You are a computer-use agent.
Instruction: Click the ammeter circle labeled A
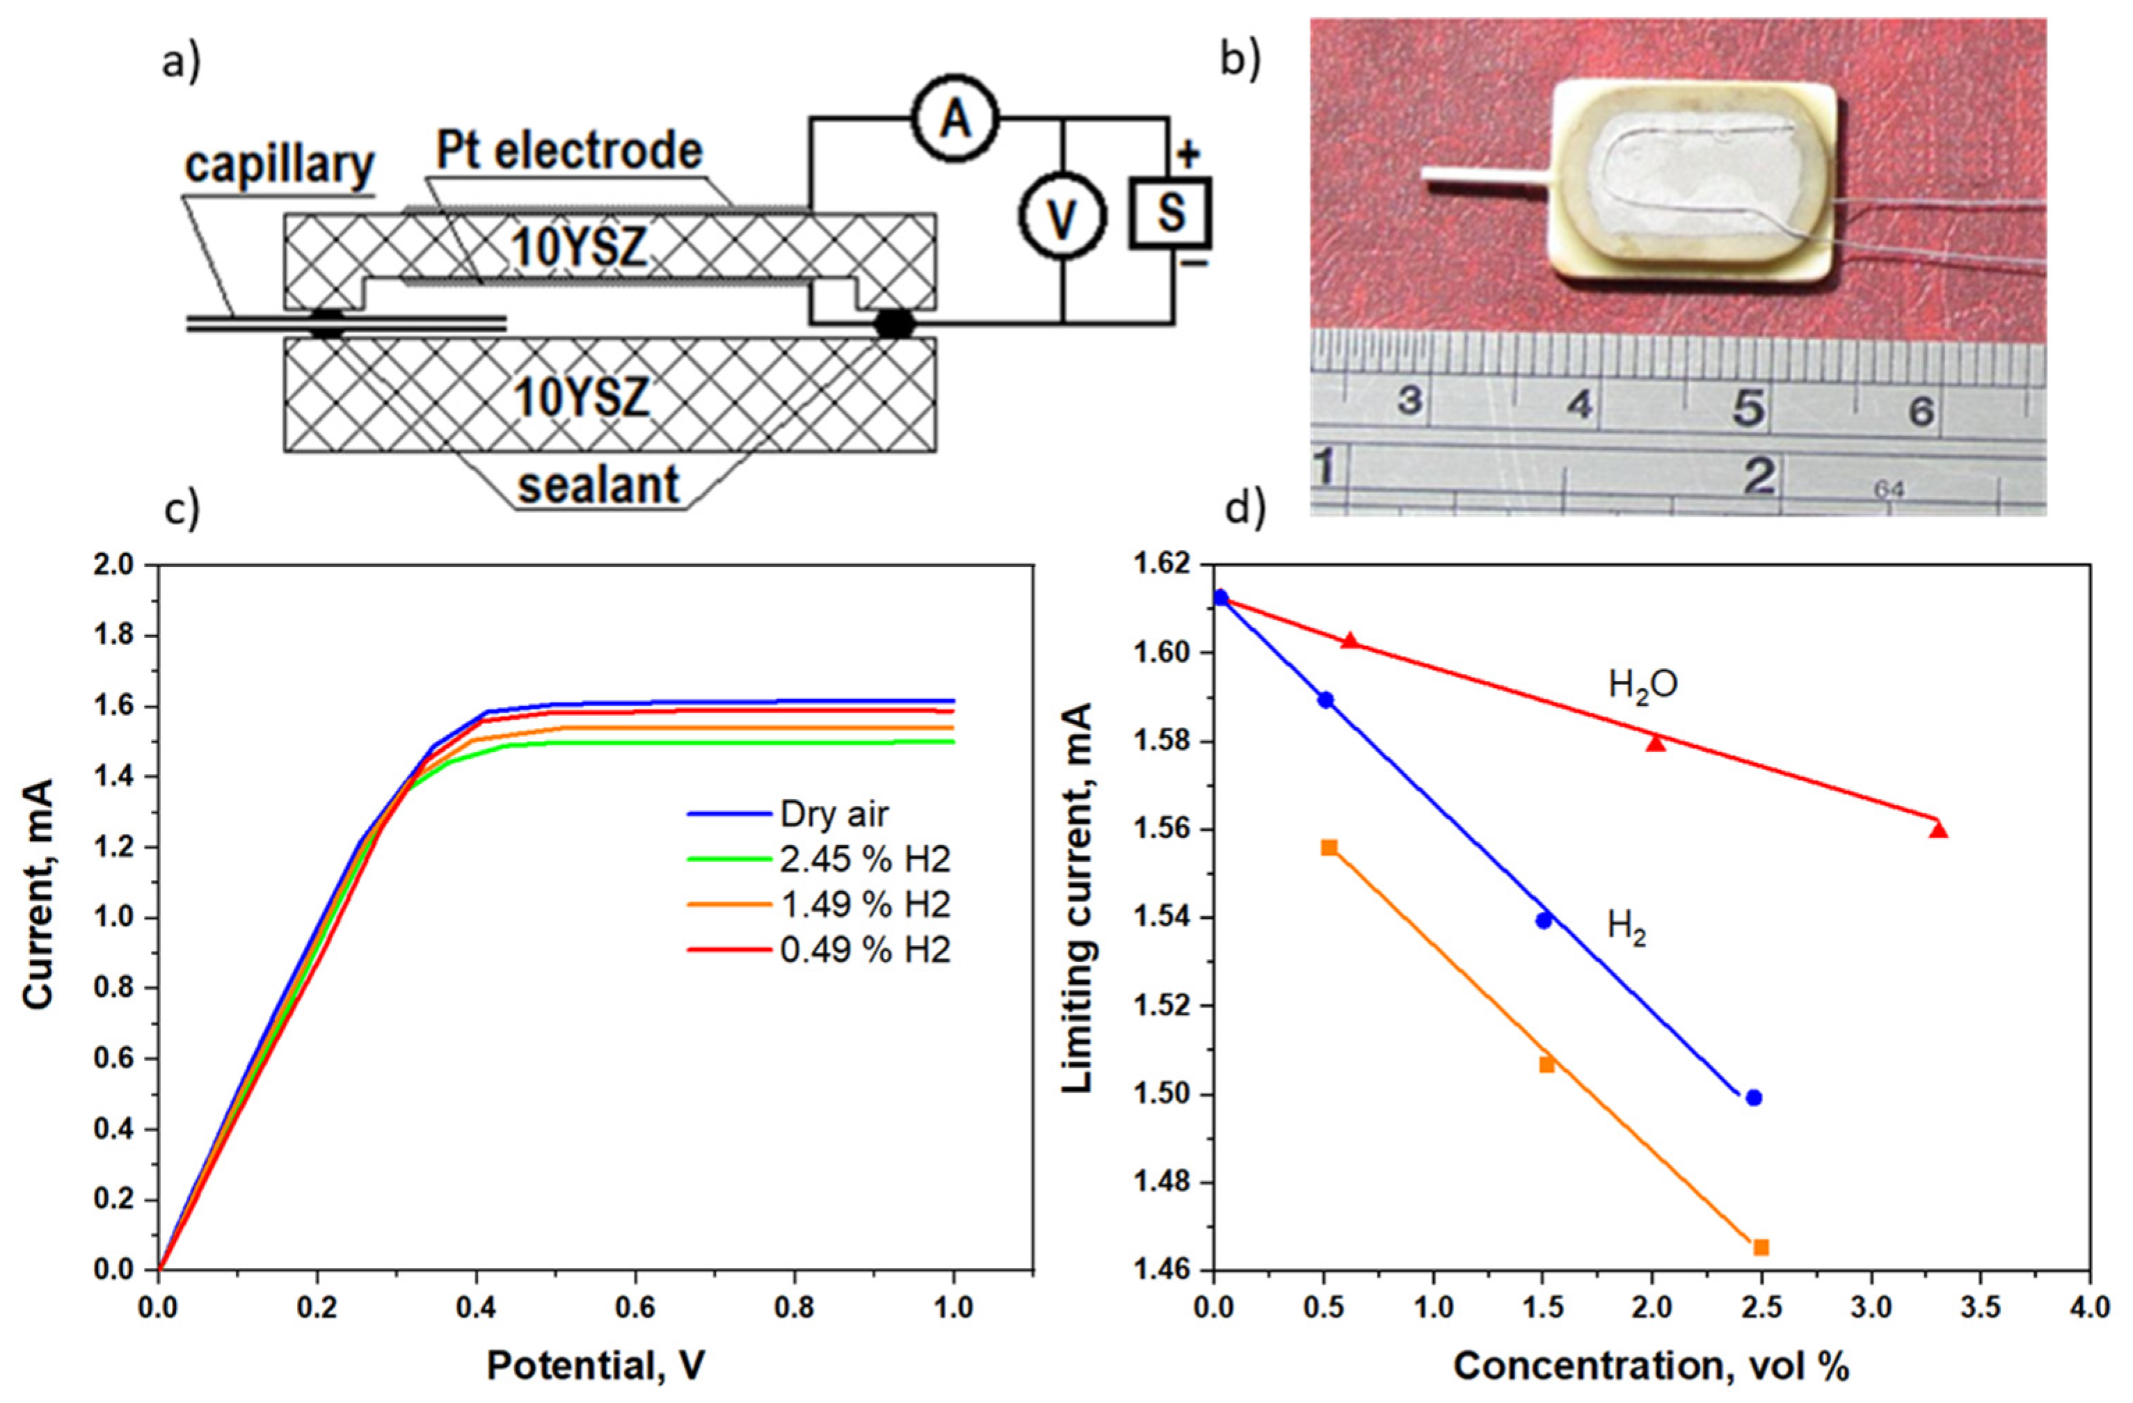click(x=955, y=118)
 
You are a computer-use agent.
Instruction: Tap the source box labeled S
click(x=1169, y=212)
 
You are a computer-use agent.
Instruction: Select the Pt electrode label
click(x=569, y=152)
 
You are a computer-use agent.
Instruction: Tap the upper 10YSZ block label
click(x=580, y=248)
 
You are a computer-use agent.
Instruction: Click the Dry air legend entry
click(x=834, y=815)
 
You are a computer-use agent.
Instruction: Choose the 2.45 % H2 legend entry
click(x=865, y=860)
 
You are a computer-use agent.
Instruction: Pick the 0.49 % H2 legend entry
click(x=865, y=949)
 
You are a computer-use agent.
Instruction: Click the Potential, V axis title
click(x=595, y=1365)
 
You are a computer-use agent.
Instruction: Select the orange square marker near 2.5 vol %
click(x=1761, y=1247)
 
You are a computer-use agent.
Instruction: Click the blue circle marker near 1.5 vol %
click(x=1543, y=920)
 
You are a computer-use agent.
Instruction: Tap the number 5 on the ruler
click(x=1748, y=408)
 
